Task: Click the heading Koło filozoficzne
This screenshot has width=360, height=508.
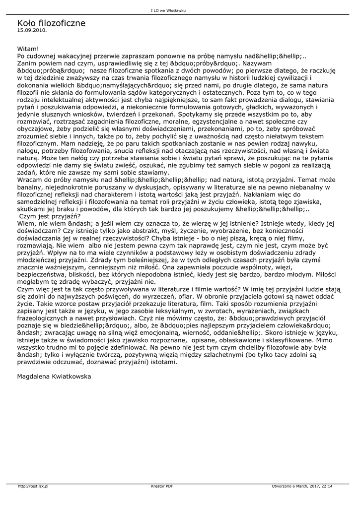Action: pos(51,23)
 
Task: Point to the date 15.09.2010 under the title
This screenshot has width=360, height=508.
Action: pos(32,30)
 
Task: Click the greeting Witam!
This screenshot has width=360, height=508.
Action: pos(28,49)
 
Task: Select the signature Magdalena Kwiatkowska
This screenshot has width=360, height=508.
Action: pos(54,377)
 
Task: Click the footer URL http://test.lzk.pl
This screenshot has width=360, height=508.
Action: pos(33,486)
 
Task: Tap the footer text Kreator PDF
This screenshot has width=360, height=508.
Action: pos(162,486)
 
